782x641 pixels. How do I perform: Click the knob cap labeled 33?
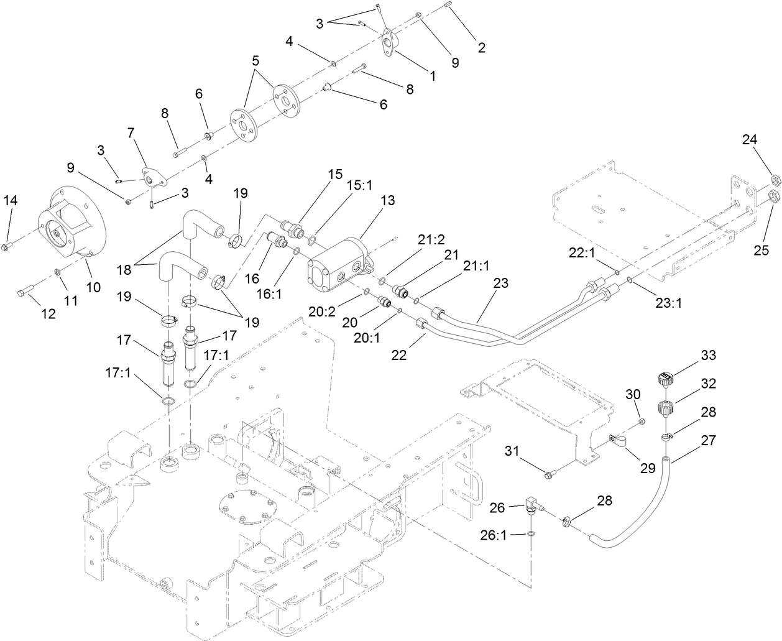click(665, 376)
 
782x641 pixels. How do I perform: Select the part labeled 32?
click(665, 410)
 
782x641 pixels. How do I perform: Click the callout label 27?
click(707, 440)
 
